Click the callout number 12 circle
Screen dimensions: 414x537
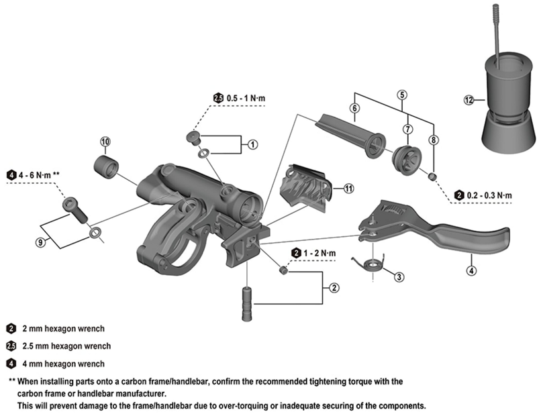469,100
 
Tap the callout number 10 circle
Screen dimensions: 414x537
105,141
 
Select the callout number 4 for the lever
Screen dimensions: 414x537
471,271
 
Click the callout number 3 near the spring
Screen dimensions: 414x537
399,276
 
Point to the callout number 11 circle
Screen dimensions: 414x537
348,189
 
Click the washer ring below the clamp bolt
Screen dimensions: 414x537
95,233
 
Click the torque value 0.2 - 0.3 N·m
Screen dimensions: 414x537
488,195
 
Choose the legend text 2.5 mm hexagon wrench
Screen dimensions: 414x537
66,346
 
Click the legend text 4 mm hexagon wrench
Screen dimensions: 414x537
64,364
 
